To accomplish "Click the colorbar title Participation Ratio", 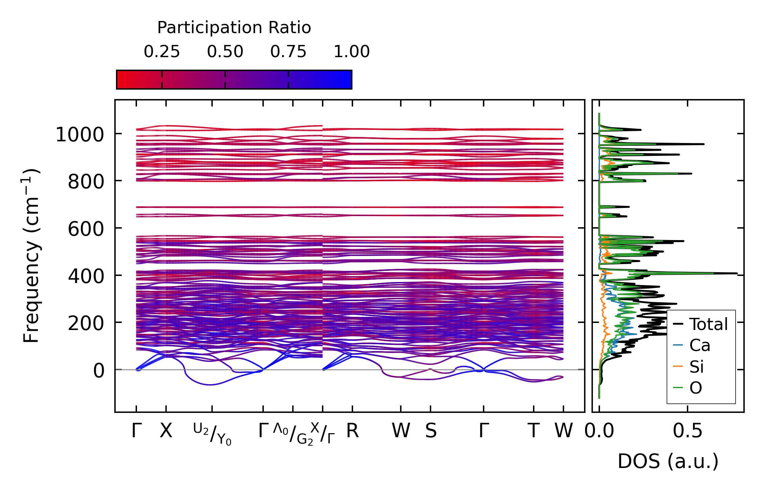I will point(234,28).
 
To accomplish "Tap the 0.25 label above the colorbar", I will point(162,52).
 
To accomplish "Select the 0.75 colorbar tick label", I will point(288,52).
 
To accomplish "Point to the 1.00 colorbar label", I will point(351,52).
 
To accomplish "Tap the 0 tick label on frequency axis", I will point(99,371).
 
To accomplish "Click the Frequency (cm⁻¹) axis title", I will point(31,256).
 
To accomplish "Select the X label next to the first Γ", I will point(166,431).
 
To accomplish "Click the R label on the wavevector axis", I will point(352,431).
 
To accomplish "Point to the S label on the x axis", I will point(431,431).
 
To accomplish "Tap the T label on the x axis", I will point(533,431).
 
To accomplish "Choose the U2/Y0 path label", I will point(212,434).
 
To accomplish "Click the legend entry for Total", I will point(708,324).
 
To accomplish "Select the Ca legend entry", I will point(699,346).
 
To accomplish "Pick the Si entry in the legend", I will point(696,367).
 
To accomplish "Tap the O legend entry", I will point(696,388).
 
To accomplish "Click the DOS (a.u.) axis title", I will point(668,462).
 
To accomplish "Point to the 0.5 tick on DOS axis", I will point(687,431).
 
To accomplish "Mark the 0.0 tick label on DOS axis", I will point(599,431).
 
